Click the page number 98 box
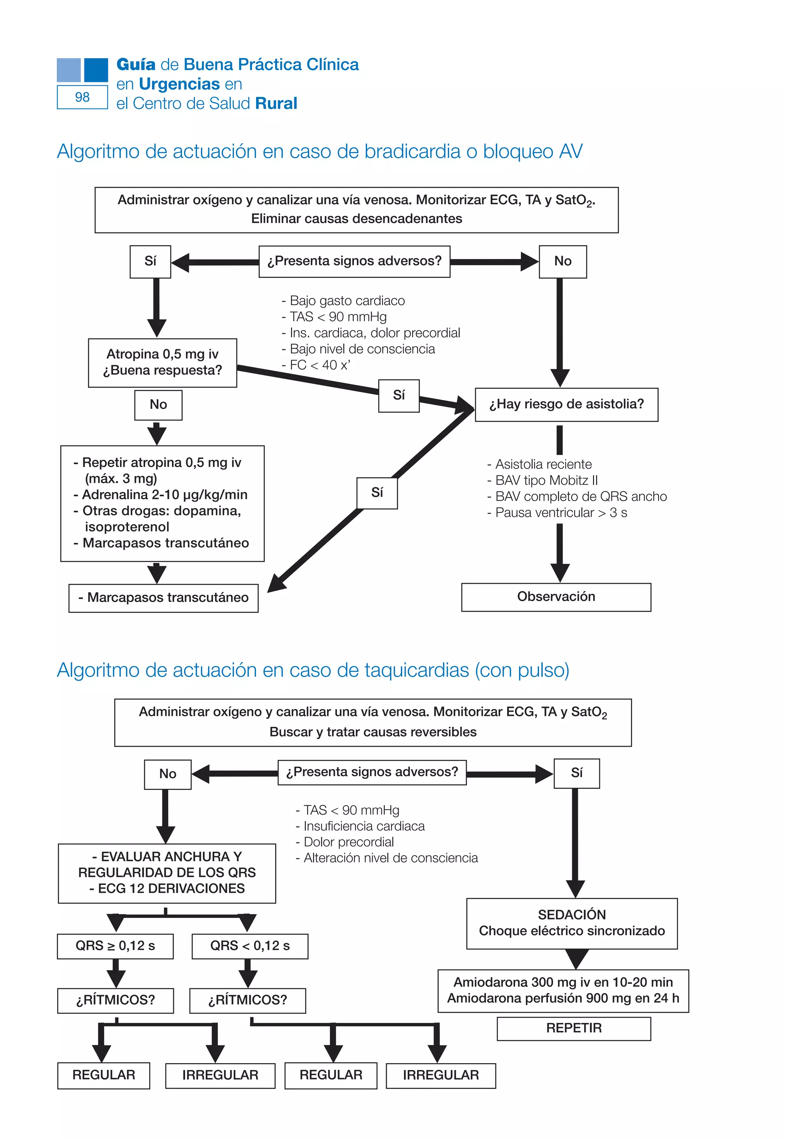click(x=82, y=97)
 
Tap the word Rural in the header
click(x=276, y=104)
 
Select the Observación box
click(x=556, y=597)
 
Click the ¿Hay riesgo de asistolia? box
click(x=566, y=404)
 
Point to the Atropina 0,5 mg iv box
click(x=162, y=362)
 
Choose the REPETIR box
click(x=573, y=1028)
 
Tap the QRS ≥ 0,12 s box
click(x=115, y=946)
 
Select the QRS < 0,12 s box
click(x=250, y=946)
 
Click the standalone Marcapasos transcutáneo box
click(x=163, y=598)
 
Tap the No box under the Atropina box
click(x=158, y=405)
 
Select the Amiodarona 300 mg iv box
click(x=563, y=990)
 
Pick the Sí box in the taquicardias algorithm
click(x=576, y=773)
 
